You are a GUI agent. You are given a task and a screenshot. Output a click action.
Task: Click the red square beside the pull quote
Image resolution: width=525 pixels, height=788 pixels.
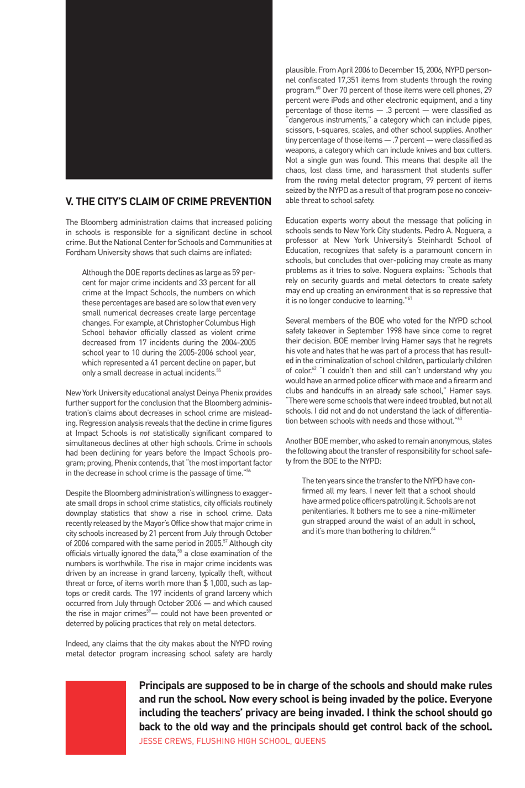[96, 717]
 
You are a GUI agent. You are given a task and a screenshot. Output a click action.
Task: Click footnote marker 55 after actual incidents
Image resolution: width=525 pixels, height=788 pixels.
[219, 370]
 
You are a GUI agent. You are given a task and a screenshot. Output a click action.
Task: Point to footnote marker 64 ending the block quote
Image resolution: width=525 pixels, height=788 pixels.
[433, 529]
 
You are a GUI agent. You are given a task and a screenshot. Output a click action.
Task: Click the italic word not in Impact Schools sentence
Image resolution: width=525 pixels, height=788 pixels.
[144, 434]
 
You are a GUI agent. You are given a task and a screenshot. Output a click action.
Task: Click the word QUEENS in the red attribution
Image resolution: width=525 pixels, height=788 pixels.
[310, 741]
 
